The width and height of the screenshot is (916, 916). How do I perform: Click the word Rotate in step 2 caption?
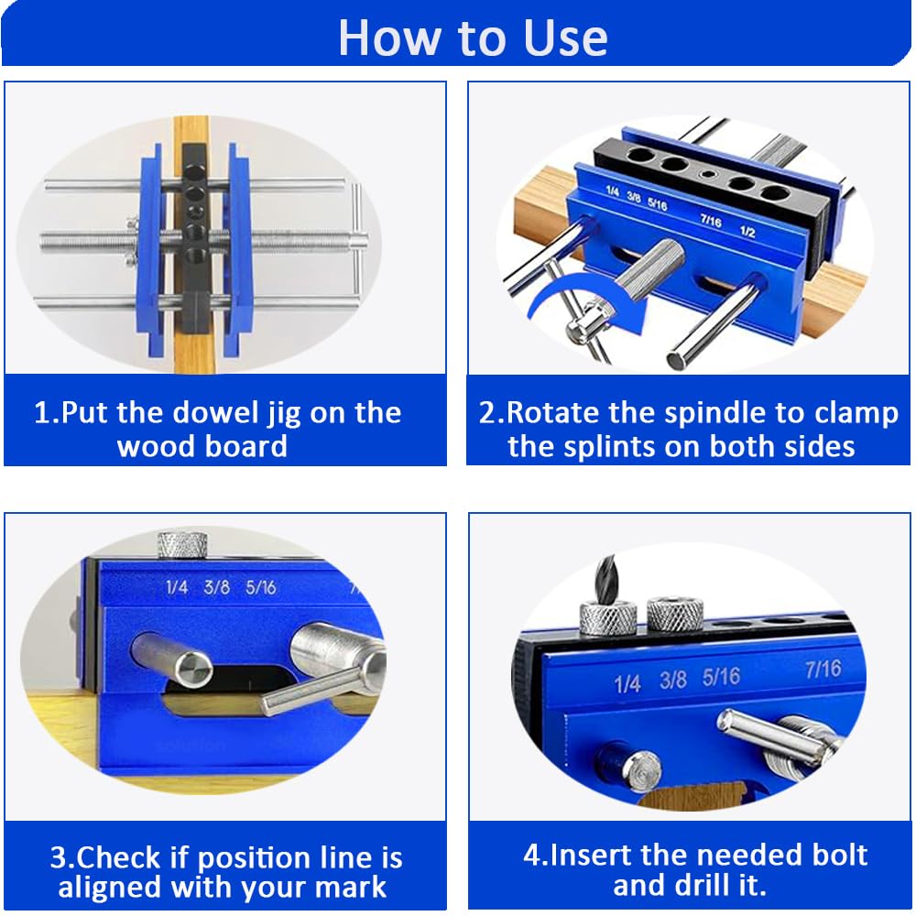tap(555, 413)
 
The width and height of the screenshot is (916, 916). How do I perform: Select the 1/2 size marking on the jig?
tap(747, 232)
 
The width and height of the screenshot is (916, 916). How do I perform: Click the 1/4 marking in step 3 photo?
tap(177, 586)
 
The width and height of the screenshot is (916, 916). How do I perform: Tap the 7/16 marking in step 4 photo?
tap(823, 670)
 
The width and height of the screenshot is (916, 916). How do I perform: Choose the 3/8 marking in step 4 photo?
tap(673, 681)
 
